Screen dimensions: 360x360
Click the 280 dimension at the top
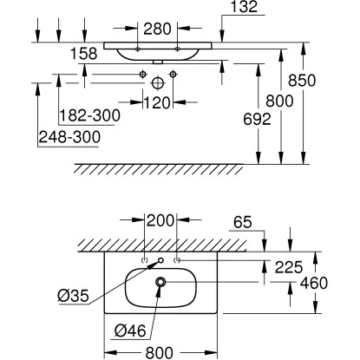pos(157,29)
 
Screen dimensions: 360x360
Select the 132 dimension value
pos(244,7)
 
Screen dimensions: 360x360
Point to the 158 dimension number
pos(84,54)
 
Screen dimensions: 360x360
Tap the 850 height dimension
pos(302,81)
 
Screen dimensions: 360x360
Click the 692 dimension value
pos(257,119)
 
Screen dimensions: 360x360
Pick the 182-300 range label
pos(89,115)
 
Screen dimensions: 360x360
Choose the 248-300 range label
pos(69,137)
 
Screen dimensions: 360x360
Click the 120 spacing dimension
pos(157,102)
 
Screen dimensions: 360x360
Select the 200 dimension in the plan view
pos(160,220)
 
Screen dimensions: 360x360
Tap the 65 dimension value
pos(243,222)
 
